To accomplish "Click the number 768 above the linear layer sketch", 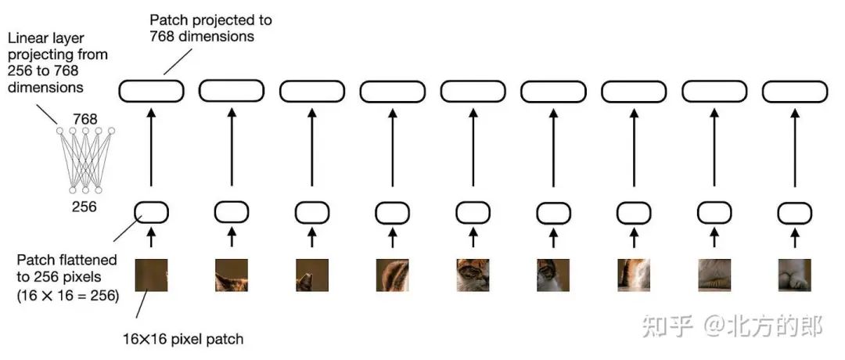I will pyautogui.click(x=84, y=119).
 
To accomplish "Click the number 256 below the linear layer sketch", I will pyautogui.click(x=84, y=207).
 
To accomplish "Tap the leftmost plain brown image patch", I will pyautogui.click(x=151, y=275).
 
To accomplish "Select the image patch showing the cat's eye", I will pyautogui.click(x=473, y=275).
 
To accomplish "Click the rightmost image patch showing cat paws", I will pyautogui.click(x=794, y=275).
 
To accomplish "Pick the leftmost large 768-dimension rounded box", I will pyautogui.click(x=151, y=91).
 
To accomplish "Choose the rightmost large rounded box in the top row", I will pyautogui.click(x=794, y=91).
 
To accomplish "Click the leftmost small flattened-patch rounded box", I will pyautogui.click(x=151, y=211).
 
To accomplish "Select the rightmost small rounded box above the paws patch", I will pyautogui.click(x=794, y=211).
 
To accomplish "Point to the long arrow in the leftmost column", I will pyautogui.click(x=151, y=149).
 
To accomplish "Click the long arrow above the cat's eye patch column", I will pyautogui.click(x=473, y=149).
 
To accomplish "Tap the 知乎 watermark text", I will pyautogui.click(x=665, y=326).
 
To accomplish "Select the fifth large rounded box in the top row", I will pyautogui.click(x=473, y=91).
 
